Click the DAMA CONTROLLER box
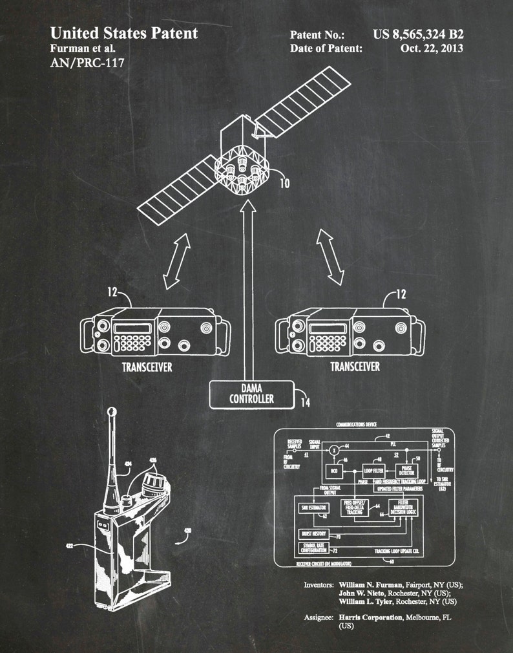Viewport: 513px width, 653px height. pos(251,394)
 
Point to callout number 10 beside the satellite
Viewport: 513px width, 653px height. pos(284,184)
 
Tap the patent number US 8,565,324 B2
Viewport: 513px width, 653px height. pos(419,34)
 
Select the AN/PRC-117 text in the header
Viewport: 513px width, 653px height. pos(87,63)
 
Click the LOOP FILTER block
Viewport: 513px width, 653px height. pos(374,471)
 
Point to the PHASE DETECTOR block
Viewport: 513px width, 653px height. pos(408,471)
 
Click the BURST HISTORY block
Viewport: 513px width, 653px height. pos(315,535)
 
